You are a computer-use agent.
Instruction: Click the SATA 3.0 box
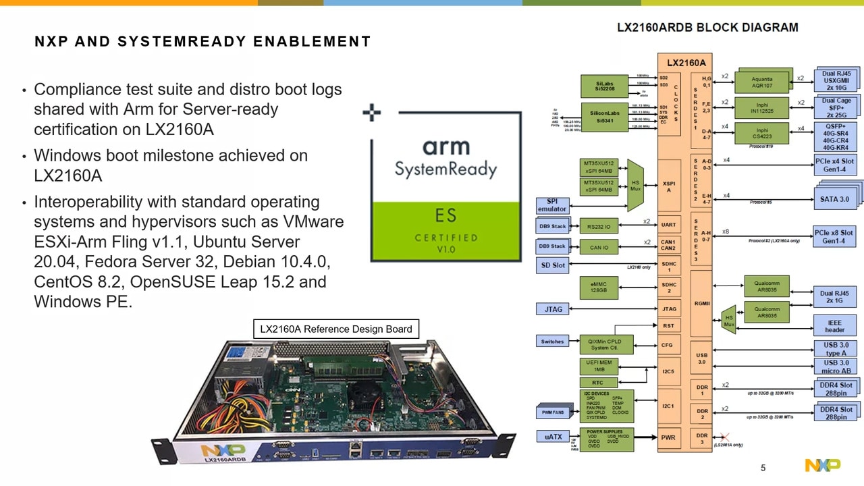(834, 199)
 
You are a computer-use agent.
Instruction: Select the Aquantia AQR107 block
(761, 82)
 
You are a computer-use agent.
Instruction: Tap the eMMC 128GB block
(599, 287)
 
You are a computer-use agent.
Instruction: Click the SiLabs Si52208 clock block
(605, 85)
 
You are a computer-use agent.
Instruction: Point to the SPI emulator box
(551, 205)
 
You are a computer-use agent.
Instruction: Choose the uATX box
(553, 437)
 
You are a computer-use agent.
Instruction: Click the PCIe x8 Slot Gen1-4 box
(834, 237)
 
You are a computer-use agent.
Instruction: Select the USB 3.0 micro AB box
(836, 367)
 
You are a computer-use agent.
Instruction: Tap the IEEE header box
(834, 326)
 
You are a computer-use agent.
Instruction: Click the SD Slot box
(553, 265)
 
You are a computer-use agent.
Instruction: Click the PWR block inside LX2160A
(668, 437)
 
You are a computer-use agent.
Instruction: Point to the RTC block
(597, 383)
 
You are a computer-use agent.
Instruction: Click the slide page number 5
(763, 468)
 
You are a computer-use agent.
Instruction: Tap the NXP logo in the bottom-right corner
(822, 465)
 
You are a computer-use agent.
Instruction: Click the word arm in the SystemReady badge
(446, 146)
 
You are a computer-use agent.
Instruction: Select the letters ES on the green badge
(446, 216)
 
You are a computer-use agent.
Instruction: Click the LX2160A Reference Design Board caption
(336, 329)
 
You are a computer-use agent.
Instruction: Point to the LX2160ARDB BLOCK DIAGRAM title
(707, 28)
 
